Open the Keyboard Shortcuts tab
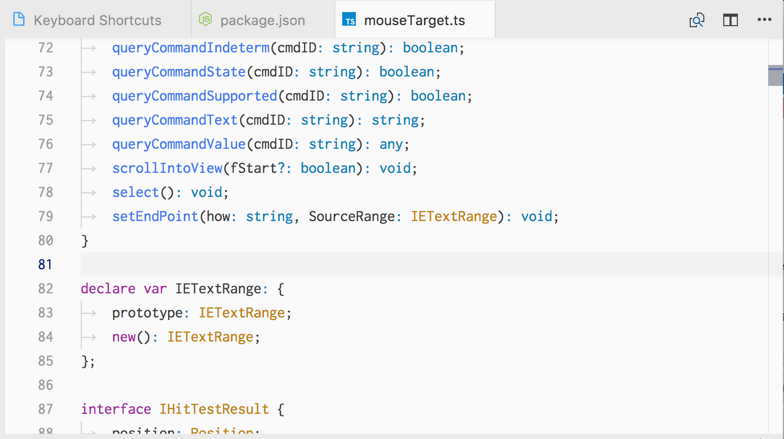pos(97,20)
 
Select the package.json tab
pos(262,20)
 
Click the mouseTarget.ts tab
pos(414,20)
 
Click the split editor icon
pos(730,20)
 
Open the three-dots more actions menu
pos(764,20)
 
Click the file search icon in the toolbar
pos(696,20)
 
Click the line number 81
pos(46,265)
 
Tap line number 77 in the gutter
pos(46,168)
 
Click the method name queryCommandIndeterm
pos(191,48)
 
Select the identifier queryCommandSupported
pos(194,96)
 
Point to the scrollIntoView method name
pos(167,168)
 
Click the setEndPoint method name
pos(155,216)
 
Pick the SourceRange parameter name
pos(351,216)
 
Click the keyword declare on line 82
pos(108,289)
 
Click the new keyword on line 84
pos(124,337)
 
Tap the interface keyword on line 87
pos(116,409)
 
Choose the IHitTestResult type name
pos(214,409)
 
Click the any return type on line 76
pos(391,144)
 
